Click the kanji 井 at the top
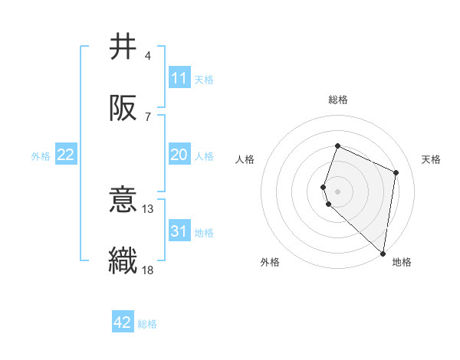[x=123, y=47]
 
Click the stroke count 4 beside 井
[x=148, y=56]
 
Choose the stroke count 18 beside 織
[x=149, y=270]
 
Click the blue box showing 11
[x=179, y=78]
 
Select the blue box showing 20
[x=179, y=155]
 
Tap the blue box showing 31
[x=179, y=231]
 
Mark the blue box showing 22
[x=66, y=155]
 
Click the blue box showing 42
[x=123, y=322]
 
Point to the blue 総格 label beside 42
[x=147, y=324]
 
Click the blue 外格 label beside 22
[x=41, y=156]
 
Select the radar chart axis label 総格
[x=337, y=100]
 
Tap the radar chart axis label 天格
[x=431, y=159]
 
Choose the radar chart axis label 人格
[x=245, y=159]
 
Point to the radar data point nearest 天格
[x=396, y=172]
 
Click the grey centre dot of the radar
[x=338, y=191]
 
